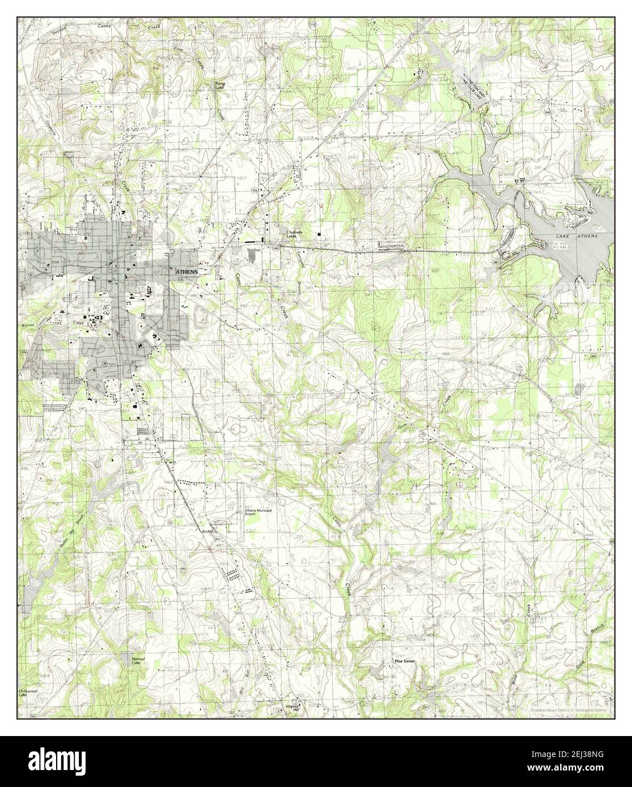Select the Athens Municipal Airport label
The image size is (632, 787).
(x=258, y=513)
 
